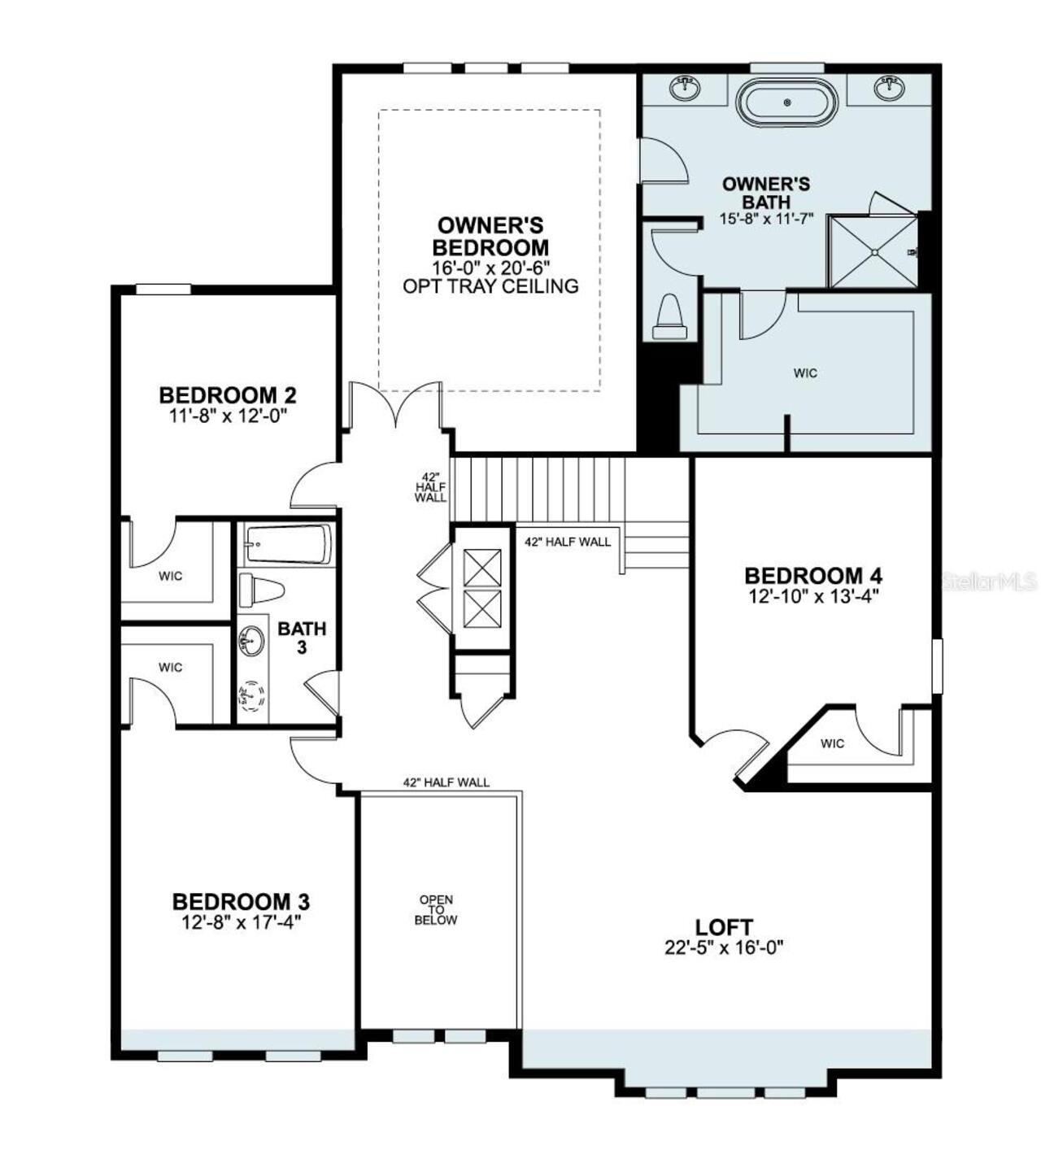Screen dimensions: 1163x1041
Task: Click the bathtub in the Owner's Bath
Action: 786,102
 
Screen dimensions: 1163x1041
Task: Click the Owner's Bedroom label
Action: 490,236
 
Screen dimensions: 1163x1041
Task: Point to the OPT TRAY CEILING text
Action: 490,286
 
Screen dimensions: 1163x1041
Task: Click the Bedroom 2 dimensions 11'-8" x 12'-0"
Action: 227,415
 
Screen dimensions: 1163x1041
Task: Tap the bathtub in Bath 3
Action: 288,544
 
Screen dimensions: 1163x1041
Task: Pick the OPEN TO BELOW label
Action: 436,910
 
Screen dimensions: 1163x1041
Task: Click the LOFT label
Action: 724,926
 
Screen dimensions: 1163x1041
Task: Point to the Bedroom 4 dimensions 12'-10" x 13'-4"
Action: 813,595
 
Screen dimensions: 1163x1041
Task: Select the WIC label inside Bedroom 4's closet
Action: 832,743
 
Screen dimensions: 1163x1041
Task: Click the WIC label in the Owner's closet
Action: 805,373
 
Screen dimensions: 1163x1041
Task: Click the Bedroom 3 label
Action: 241,902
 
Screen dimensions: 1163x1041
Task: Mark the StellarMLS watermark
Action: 988,581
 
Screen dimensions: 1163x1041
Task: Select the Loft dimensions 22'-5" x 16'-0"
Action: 724,947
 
